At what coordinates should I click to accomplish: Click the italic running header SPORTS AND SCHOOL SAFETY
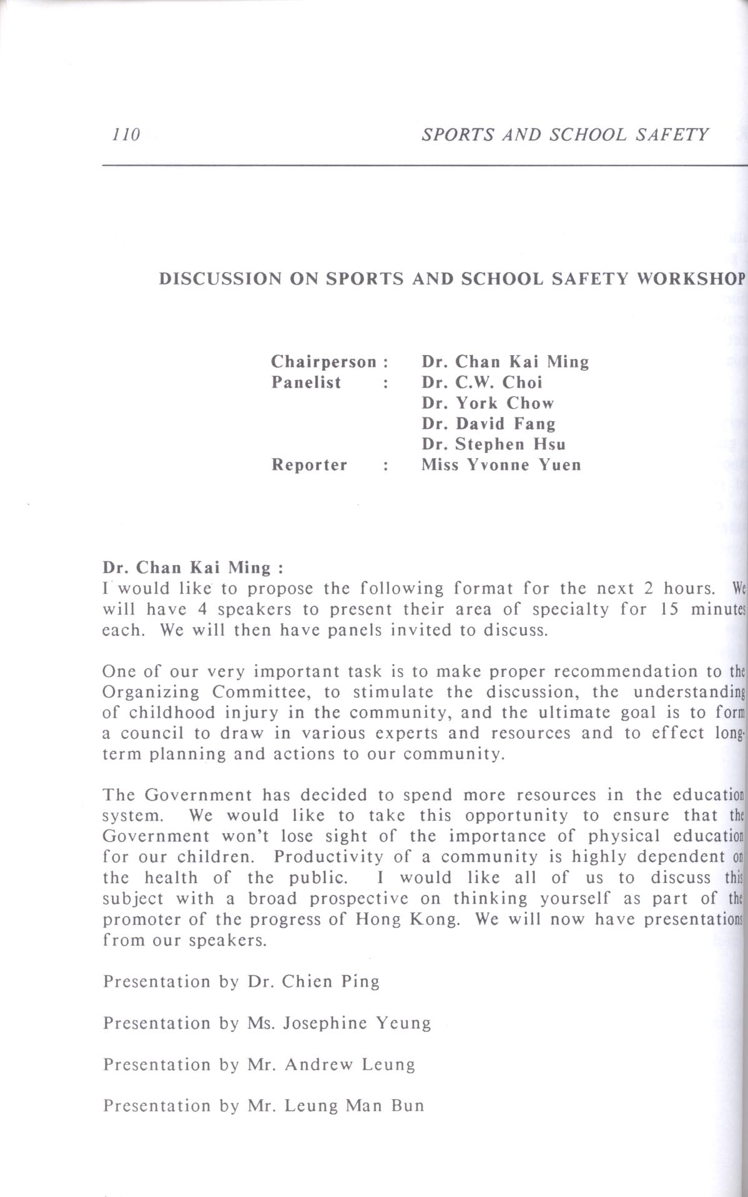(x=564, y=134)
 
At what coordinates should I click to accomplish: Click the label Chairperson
(x=324, y=361)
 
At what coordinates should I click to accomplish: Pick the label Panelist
(x=306, y=382)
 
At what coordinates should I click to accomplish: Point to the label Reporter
(x=309, y=465)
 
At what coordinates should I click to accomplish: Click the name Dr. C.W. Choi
(x=481, y=382)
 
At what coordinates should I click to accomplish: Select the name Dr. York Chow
(x=487, y=403)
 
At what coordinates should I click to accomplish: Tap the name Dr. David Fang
(x=488, y=423)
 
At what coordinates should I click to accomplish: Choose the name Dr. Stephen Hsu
(x=493, y=444)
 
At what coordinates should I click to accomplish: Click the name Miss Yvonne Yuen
(x=501, y=465)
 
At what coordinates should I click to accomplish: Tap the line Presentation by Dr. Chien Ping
(x=241, y=982)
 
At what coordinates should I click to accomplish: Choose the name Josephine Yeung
(x=357, y=1023)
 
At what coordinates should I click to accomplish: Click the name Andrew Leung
(x=350, y=1064)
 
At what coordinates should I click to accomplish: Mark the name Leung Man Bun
(x=354, y=1105)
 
